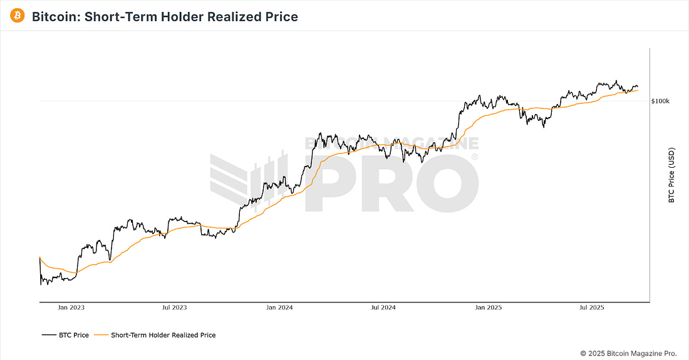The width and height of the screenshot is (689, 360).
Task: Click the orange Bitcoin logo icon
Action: (18, 16)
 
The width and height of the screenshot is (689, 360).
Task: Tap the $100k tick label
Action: (660, 101)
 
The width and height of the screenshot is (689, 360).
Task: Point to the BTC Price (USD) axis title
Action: (671, 175)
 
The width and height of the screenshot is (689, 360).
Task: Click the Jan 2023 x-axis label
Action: (71, 307)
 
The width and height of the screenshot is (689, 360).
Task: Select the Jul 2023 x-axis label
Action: (175, 307)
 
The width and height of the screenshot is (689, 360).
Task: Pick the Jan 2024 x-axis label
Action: (279, 307)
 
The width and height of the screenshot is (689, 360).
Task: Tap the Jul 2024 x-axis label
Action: (383, 307)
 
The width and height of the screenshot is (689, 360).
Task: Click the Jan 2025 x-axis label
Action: (488, 307)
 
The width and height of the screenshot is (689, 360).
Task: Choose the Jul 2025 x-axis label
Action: (591, 307)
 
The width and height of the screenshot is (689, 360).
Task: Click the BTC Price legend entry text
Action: (74, 335)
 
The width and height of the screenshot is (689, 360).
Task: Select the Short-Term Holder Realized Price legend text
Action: (163, 335)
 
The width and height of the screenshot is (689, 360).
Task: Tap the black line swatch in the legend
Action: (49, 335)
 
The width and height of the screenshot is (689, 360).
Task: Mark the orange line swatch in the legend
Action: (101, 335)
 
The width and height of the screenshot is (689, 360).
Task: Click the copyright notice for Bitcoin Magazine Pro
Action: (628, 353)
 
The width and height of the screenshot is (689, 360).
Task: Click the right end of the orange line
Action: (638, 90)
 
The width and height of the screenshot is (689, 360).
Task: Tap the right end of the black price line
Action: (638, 87)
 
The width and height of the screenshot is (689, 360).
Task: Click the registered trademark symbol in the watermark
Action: (475, 157)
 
